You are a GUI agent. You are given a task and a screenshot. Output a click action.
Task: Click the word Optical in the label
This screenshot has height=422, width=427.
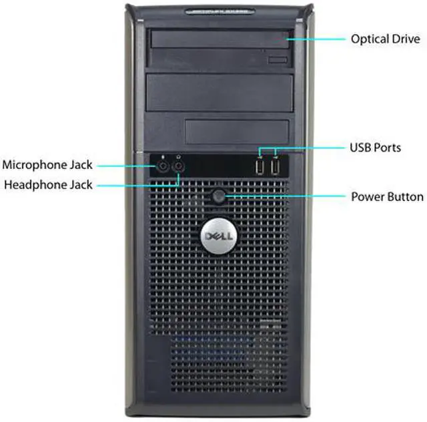pos(370,39)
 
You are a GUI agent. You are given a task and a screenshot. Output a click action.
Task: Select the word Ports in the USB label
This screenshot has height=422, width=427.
pos(388,147)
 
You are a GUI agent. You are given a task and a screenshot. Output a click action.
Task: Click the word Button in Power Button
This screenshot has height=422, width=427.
pos(405,197)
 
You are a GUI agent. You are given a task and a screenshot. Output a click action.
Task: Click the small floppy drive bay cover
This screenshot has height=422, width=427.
pos(238,132)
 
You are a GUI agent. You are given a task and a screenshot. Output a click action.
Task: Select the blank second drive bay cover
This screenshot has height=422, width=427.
pos(220,91)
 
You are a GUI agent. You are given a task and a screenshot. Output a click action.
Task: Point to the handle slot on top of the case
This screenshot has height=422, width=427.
pos(220,11)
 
